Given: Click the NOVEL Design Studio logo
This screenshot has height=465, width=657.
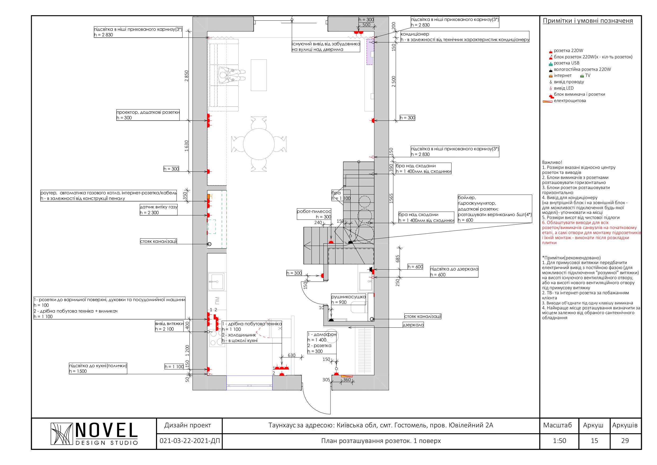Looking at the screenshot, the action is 95,434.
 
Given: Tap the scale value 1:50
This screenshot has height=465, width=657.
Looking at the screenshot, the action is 560,441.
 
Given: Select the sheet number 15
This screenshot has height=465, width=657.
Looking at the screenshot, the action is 594,441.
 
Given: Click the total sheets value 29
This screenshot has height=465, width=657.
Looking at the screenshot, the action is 625,441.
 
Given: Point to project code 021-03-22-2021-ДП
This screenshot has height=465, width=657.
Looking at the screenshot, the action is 190,441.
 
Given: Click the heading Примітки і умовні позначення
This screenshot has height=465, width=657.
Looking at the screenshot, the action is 588,21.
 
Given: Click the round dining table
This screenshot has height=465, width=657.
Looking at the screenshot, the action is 259,144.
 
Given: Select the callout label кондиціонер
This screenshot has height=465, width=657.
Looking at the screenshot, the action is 415,34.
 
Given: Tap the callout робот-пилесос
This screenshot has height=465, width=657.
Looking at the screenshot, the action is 314,212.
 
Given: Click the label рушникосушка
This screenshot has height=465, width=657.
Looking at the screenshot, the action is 348,297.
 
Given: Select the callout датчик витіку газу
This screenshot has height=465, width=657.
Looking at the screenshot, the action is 159,207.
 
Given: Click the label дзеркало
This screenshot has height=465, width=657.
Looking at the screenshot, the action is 413,325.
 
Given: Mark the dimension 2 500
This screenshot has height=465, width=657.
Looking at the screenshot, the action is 394,82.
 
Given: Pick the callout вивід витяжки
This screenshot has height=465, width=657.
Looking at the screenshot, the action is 169,323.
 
